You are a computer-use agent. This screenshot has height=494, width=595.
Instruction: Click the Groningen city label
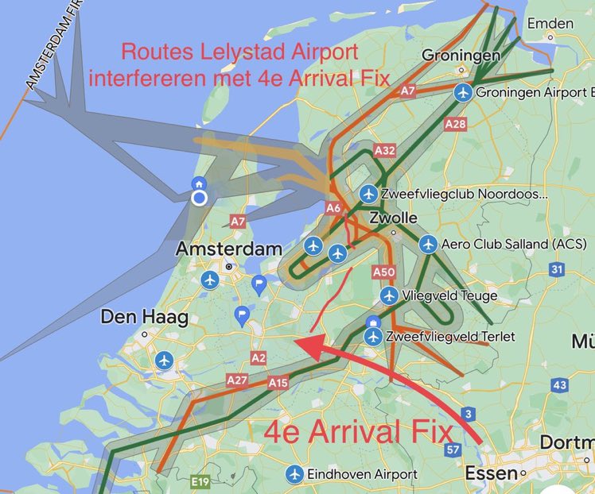[461, 56]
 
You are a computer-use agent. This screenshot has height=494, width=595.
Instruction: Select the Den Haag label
[144, 318]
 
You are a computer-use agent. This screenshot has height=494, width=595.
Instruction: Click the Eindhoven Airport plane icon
[295, 474]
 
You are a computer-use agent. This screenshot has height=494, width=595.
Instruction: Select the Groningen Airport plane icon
[463, 93]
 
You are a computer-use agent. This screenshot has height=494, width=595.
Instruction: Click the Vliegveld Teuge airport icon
[389, 296]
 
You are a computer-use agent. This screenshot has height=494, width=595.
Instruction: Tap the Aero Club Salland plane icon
[428, 244]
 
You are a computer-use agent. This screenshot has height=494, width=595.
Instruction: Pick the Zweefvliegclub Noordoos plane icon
[368, 194]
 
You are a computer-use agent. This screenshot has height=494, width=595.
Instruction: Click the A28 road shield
[456, 124]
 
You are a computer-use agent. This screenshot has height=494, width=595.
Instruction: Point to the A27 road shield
[237, 380]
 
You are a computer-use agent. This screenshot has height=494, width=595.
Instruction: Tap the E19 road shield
[199, 481]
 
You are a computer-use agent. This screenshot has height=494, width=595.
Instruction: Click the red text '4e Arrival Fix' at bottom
[359, 433]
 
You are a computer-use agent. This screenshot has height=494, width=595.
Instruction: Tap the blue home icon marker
[200, 183]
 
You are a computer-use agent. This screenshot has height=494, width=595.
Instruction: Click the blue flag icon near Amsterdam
[259, 284]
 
